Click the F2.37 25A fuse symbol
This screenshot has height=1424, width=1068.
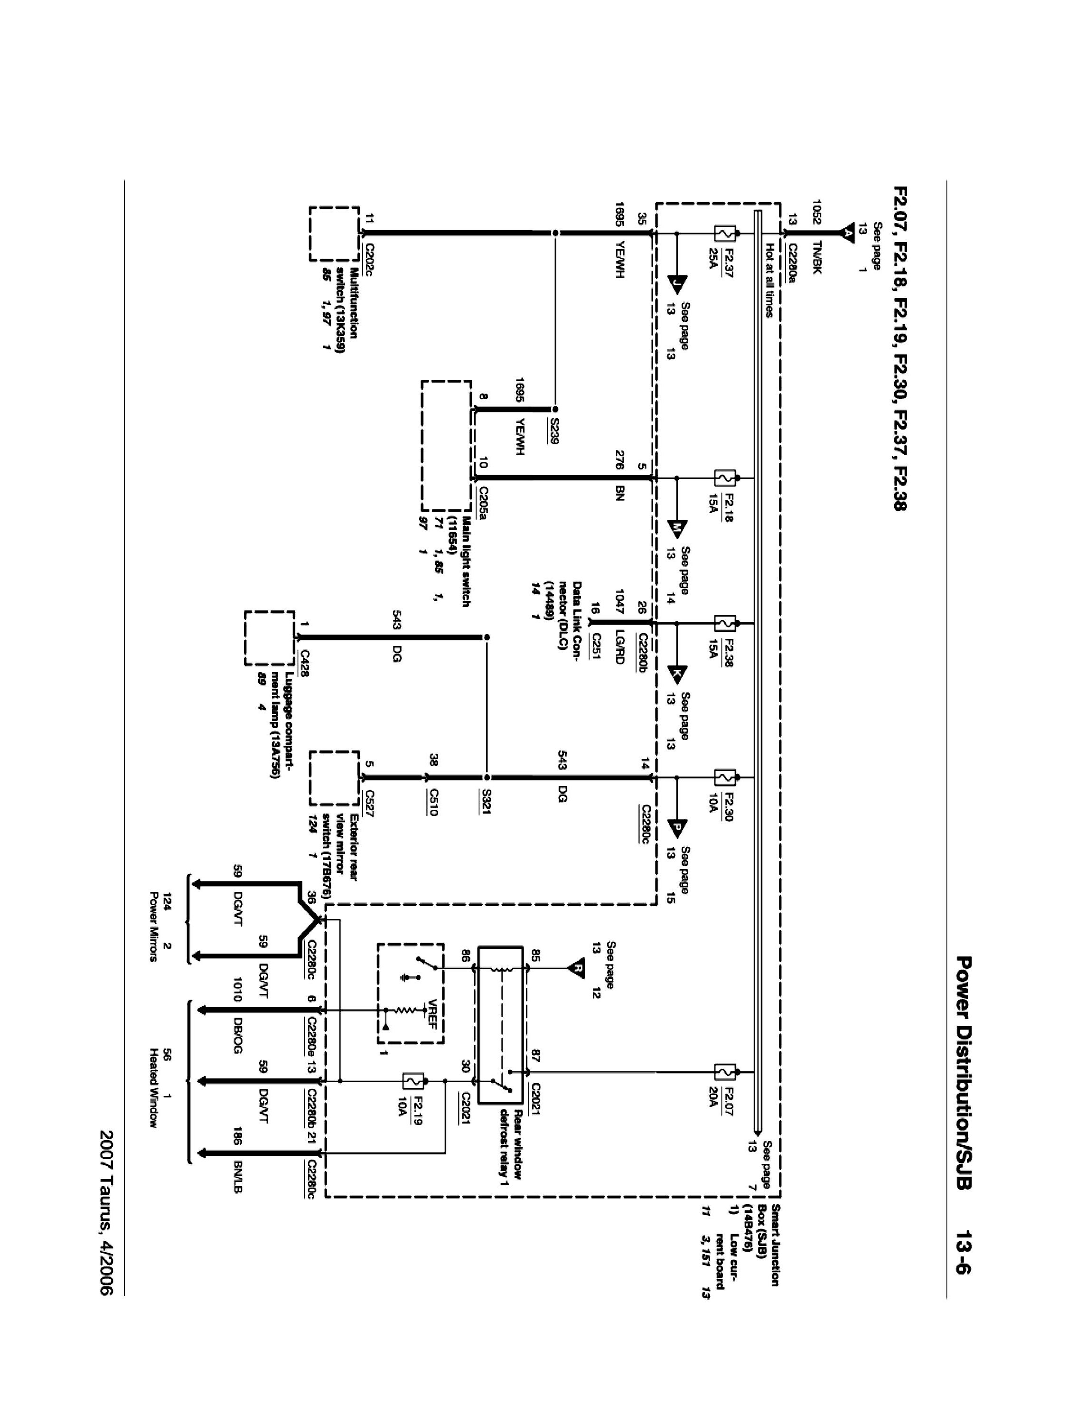pyautogui.click(x=725, y=233)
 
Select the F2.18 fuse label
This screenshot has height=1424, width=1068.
pyautogui.click(x=728, y=506)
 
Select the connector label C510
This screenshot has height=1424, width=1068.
pyautogui.click(x=434, y=802)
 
